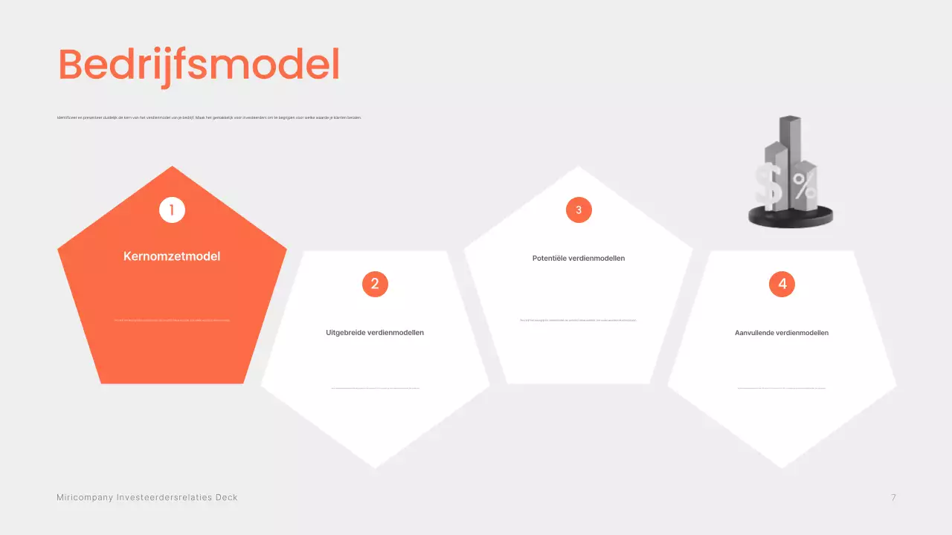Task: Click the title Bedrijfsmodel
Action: [x=199, y=65]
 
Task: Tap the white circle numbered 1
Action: [x=172, y=210]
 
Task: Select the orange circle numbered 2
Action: [x=375, y=284]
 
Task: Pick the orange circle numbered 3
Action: [x=579, y=210]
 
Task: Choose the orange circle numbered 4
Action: [x=782, y=284]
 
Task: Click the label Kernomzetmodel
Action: [x=172, y=256]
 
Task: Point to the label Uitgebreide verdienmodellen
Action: [x=375, y=333]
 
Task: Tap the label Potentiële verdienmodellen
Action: [x=579, y=259]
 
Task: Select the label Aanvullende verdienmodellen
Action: [x=782, y=333]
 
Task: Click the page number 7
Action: [x=893, y=497]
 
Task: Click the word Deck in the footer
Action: [x=226, y=497]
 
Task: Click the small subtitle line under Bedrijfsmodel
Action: [x=209, y=117]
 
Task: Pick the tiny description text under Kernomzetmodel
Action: [x=172, y=320]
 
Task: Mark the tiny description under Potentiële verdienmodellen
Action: [x=579, y=320]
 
